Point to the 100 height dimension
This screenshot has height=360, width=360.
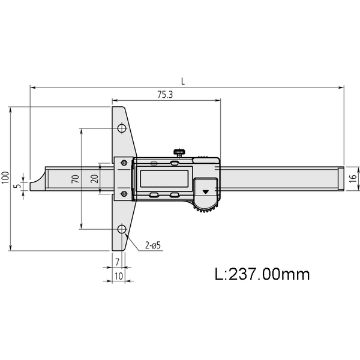point(5,178)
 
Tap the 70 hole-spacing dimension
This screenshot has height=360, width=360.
point(74,178)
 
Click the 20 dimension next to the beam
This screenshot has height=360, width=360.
point(94,178)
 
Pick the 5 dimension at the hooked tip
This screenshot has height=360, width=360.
point(17,186)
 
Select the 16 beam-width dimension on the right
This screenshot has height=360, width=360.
point(354,178)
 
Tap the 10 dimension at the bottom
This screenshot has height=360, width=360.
point(119,276)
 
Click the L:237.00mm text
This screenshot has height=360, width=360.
point(262,274)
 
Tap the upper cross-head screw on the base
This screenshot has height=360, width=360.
point(124,163)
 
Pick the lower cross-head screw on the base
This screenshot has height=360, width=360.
point(124,193)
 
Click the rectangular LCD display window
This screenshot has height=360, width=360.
point(164,179)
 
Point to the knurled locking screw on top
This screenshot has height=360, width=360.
point(179,152)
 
